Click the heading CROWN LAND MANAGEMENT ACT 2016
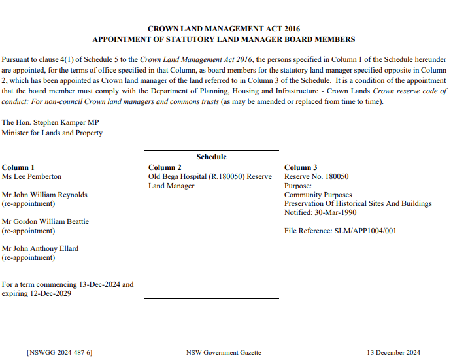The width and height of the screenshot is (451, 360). tap(224, 29)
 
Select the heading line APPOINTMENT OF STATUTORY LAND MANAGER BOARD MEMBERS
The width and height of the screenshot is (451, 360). tap(224, 39)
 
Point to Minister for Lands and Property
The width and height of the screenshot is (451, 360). tap(52, 133)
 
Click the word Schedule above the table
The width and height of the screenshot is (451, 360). tap(211, 157)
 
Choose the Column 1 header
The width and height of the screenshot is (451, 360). tap(18, 167)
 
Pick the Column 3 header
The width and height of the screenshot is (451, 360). tap(301, 167)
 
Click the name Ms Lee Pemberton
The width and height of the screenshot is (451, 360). tap(32, 176)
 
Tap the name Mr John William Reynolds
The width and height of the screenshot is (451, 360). tap(44, 195)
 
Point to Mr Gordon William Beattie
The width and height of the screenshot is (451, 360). tap(46, 221)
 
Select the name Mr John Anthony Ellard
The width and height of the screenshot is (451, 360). tap(41, 248)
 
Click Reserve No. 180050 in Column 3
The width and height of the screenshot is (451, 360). tap(316, 176)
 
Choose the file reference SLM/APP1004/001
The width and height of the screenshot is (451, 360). tap(363, 230)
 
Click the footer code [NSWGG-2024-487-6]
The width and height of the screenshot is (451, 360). tap(59, 352)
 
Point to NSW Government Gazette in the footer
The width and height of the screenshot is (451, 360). tap(224, 352)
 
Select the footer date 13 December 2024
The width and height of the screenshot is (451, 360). tap(393, 352)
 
